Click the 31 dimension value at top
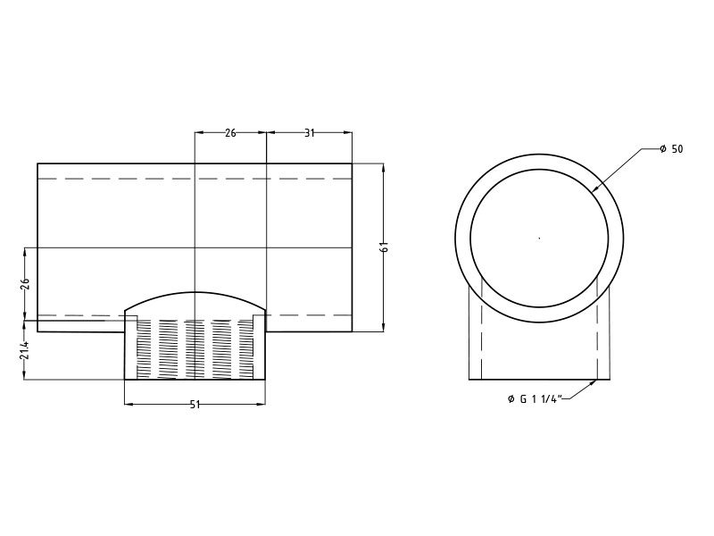[x=309, y=133]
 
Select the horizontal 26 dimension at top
[x=230, y=133]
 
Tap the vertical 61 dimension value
[x=384, y=247]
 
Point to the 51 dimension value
[x=195, y=405]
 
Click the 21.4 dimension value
[x=25, y=349]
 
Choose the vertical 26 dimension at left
[x=25, y=283]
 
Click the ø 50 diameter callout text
[x=672, y=149]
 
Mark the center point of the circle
[x=540, y=238]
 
